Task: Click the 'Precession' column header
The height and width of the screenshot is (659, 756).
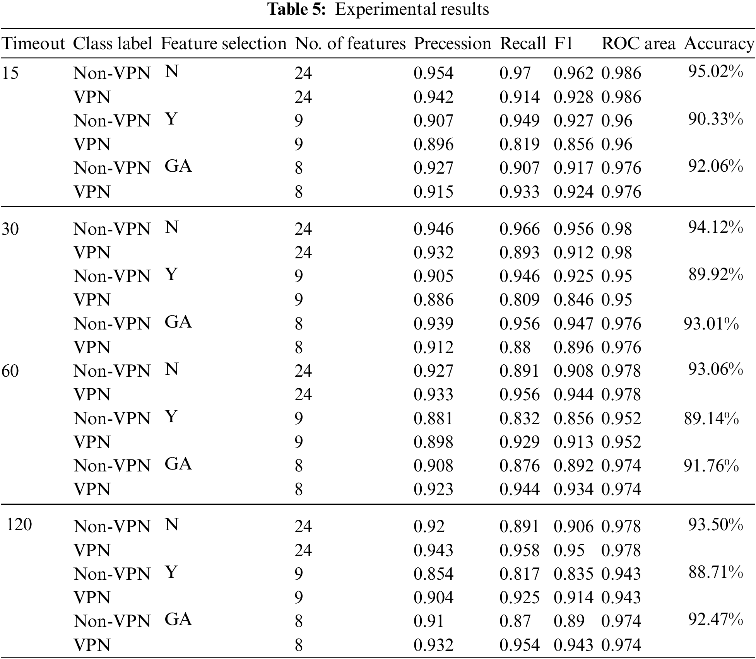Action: (x=452, y=44)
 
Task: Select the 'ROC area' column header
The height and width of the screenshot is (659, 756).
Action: (x=638, y=44)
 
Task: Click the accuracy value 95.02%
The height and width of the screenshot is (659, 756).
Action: (x=715, y=72)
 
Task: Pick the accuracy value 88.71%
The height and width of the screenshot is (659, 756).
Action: (x=715, y=572)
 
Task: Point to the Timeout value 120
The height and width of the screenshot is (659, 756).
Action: (x=19, y=525)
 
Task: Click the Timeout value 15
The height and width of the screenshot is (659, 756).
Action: (x=10, y=73)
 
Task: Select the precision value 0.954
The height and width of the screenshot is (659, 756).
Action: (x=433, y=73)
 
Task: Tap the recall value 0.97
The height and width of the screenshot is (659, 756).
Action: (x=515, y=73)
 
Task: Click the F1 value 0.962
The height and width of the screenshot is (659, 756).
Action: (x=573, y=73)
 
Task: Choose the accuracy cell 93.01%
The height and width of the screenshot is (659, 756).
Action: (x=711, y=324)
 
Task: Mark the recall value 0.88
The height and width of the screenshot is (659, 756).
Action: (x=515, y=347)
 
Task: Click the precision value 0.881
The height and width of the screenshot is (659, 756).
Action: (x=433, y=418)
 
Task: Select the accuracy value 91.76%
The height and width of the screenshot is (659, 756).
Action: (x=711, y=466)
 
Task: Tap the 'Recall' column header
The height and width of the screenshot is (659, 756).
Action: (x=523, y=44)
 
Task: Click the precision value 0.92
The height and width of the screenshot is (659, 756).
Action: (x=429, y=526)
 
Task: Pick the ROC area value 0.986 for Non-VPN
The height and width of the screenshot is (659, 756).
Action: (x=621, y=73)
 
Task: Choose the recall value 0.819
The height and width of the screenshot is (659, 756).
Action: (x=519, y=144)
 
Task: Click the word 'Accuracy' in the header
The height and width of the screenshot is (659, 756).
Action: (x=719, y=44)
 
